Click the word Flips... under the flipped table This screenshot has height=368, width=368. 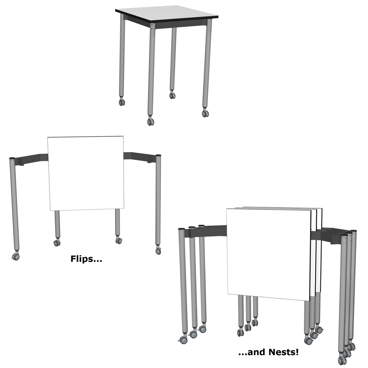pos(86,259)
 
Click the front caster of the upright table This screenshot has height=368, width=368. pos(151,121)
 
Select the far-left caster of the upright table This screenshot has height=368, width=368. pos(122,102)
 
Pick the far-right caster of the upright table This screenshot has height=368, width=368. pos(205,113)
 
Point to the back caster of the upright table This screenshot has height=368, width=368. pos(172,95)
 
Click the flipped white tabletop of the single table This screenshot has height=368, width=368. pos(86,173)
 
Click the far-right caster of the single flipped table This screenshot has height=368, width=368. pos(158,251)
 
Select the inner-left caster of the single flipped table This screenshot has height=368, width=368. pos(57,243)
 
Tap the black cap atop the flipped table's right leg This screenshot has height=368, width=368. pos(159,155)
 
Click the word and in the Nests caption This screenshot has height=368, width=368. pos(256,352)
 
